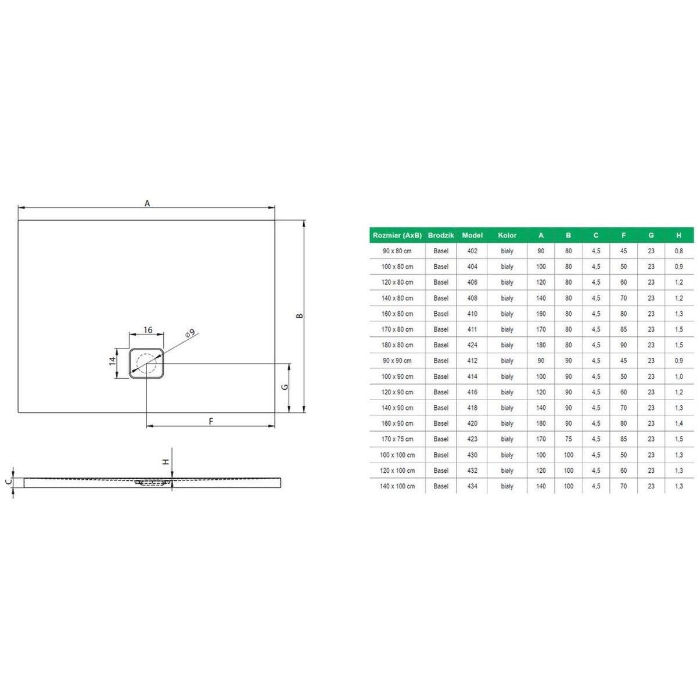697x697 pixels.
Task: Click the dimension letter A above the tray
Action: (x=147, y=203)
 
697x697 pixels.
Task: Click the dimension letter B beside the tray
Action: (x=300, y=316)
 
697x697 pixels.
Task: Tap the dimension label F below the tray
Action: (x=211, y=421)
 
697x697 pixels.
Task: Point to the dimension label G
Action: (x=285, y=387)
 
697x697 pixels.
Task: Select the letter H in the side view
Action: (x=166, y=462)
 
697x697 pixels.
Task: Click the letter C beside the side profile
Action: (x=10, y=481)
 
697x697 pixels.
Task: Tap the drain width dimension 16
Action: (x=148, y=330)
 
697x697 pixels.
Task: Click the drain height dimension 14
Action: (x=113, y=361)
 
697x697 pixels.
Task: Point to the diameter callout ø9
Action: (x=189, y=333)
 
